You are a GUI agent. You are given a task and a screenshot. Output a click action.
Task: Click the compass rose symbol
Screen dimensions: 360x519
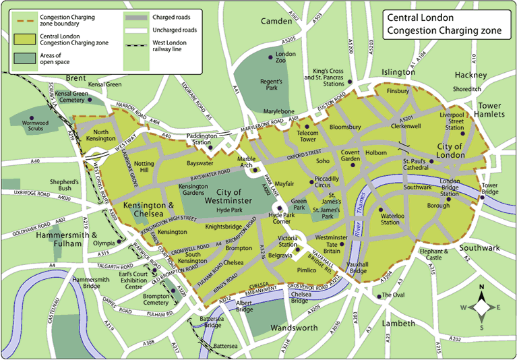click(483, 307)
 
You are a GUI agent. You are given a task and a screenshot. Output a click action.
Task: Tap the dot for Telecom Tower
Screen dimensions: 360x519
click(307, 126)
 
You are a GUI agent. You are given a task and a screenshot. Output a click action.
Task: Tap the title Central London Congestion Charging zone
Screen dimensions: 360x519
click(446, 24)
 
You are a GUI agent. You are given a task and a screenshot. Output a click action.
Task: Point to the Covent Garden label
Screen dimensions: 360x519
click(355, 156)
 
